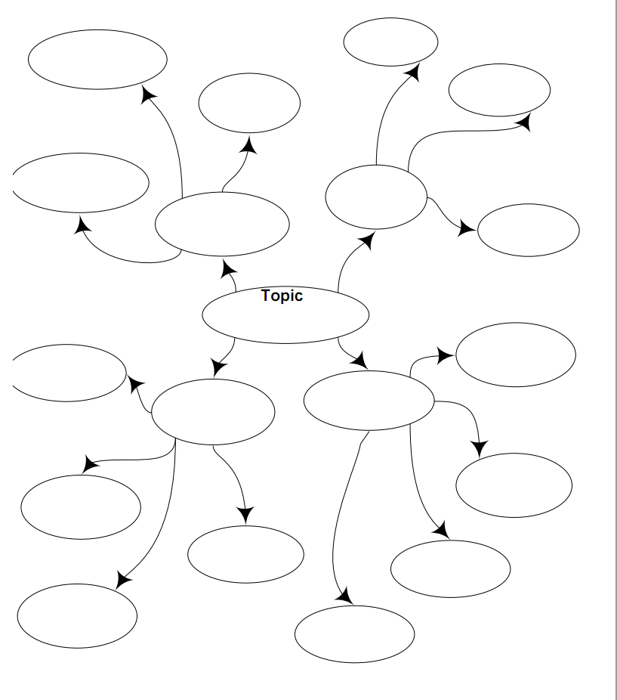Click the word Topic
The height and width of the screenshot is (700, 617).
[x=282, y=296]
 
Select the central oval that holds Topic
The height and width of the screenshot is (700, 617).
[x=285, y=317]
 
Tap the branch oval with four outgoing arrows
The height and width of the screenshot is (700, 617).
[x=369, y=401]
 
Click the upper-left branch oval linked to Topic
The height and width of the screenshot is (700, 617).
[x=222, y=224]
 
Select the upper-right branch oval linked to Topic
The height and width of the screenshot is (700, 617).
[x=376, y=197]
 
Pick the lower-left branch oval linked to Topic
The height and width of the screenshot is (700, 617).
[x=213, y=411]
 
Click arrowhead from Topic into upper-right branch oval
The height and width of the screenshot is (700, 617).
[x=367, y=241]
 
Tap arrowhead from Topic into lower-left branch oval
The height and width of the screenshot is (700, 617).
[x=218, y=367]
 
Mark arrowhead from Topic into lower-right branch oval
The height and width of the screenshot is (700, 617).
[x=360, y=361]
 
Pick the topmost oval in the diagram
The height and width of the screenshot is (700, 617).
[x=390, y=42]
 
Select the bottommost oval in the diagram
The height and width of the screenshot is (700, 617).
[x=354, y=633]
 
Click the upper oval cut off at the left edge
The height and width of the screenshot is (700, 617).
[x=80, y=183]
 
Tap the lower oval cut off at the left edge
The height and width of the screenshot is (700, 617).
[x=69, y=373]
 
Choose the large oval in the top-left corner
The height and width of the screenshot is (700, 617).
[x=97, y=59]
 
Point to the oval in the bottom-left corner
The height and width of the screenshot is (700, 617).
[x=77, y=615]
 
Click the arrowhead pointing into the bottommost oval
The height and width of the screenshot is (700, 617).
[x=344, y=596]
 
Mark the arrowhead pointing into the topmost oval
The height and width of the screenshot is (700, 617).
[x=412, y=73]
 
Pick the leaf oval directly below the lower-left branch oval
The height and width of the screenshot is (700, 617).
[x=245, y=554]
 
